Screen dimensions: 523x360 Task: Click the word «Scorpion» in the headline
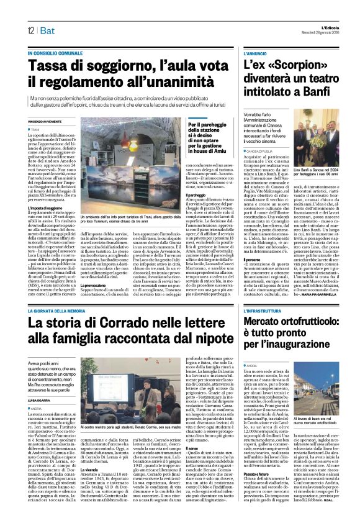pos(300,65)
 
